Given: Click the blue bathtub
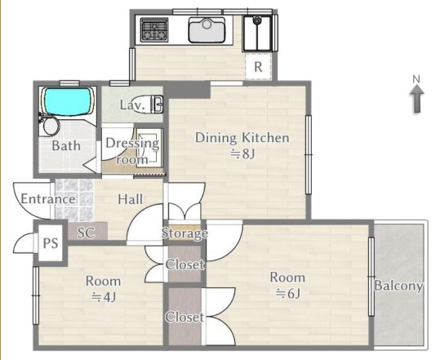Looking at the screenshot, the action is [67, 101].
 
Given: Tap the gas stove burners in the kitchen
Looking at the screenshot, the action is [154, 29].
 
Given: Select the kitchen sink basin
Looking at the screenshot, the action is [207, 30].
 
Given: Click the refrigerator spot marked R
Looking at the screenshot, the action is [258, 67].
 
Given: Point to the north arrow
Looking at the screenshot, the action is [416, 99].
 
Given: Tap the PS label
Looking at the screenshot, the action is [51, 243].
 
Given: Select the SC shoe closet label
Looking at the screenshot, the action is [86, 233].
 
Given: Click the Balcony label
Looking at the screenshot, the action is [398, 286].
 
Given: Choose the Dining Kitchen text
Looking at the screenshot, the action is [242, 138].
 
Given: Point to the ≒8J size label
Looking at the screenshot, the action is [242, 153].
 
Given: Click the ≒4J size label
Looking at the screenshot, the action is [104, 297].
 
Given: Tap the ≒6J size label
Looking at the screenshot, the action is [287, 293].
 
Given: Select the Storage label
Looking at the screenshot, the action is [185, 233].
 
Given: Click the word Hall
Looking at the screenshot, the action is [130, 199].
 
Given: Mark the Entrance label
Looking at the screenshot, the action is [48, 199].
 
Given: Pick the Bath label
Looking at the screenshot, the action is [66, 145].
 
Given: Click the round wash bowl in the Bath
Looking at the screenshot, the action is [51, 127].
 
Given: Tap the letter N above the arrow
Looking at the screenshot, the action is [416, 79].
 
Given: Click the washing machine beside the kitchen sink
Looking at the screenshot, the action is [257, 33].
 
